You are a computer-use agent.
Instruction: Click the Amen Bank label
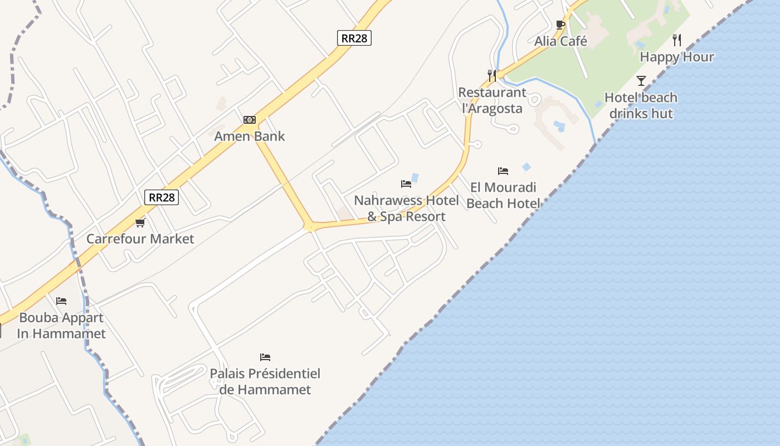tap(250, 136)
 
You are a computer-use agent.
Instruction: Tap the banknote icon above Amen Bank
tap(250, 120)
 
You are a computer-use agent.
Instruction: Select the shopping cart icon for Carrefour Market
tap(140, 222)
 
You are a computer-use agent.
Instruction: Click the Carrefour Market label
tap(140, 239)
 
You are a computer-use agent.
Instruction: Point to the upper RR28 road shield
tap(354, 38)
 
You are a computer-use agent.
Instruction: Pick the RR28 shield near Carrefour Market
tap(162, 197)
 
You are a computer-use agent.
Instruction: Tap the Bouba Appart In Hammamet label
tap(61, 326)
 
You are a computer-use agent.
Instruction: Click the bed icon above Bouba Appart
tap(61, 301)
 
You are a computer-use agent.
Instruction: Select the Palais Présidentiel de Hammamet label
tap(265, 381)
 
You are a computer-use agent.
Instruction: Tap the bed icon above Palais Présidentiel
tap(265, 357)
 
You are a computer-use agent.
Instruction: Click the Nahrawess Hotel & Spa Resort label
tap(407, 209)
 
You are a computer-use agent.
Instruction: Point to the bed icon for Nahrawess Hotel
tap(406, 184)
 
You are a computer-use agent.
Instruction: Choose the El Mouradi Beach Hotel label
tap(503, 195)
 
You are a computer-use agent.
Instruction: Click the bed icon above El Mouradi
tap(503, 171)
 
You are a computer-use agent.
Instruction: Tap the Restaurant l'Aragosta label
tap(492, 100)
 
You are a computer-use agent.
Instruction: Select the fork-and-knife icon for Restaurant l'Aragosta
tap(492, 76)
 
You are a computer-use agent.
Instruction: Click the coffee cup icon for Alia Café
tap(560, 25)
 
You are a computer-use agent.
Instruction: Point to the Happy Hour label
tap(676, 57)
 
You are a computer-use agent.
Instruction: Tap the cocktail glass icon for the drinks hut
tap(641, 81)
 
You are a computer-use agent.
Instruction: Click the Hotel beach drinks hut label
tap(641, 105)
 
